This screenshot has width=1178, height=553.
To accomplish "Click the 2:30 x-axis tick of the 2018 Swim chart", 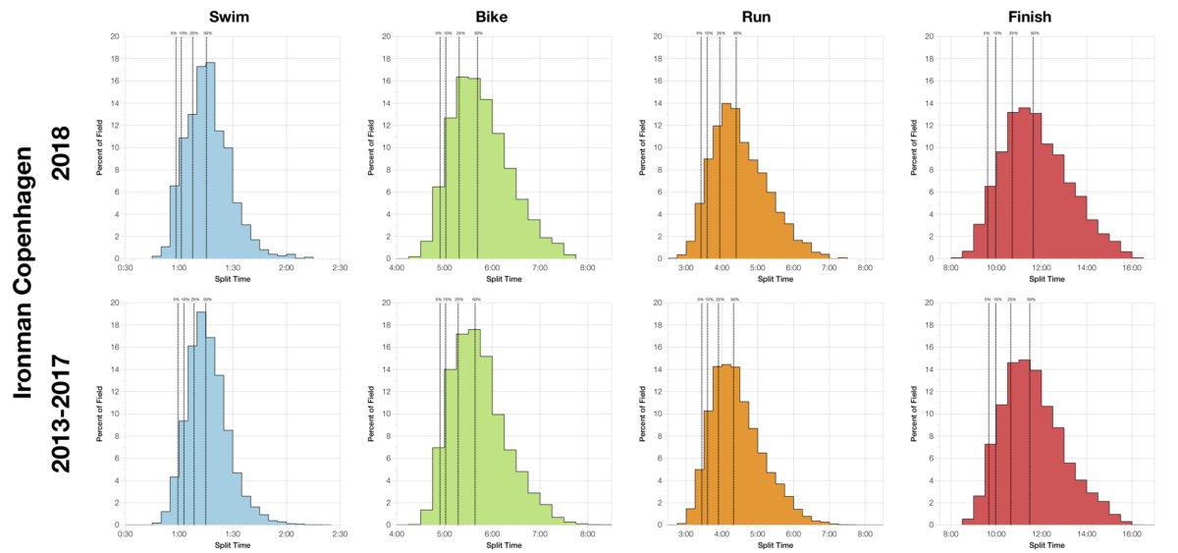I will pyautogui.click(x=340, y=266).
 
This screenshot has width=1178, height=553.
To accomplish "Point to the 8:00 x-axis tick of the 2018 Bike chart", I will pyautogui.click(x=586, y=266).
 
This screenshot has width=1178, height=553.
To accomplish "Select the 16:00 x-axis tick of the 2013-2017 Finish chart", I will pyautogui.click(x=1131, y=533).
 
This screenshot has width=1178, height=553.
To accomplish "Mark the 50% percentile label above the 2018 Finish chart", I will pyautogui.click(x=1034, y=33).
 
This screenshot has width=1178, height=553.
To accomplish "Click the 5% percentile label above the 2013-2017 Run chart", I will pyautogui.click(x=700, y=300).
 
